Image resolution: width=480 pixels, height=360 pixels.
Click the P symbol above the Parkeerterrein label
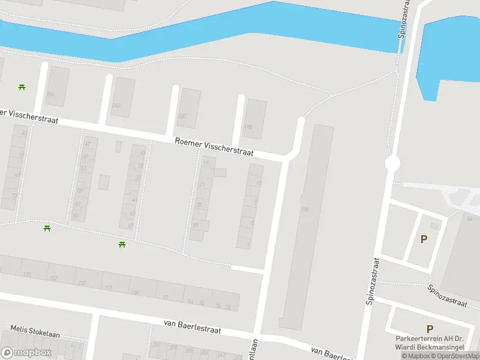(x=430, y=329)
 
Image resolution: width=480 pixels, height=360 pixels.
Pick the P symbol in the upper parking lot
(x=424, y=239)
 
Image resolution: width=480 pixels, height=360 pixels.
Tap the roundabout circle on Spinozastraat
(x=392, y=163)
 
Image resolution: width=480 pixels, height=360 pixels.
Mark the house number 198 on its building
(x=248, y=127)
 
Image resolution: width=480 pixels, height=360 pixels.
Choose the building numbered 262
(x=116, y=106)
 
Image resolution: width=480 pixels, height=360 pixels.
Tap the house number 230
(x=182, y=116)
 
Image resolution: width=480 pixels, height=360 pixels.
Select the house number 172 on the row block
(x=26, y=274)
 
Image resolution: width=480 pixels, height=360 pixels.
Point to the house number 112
(x=108, y=288)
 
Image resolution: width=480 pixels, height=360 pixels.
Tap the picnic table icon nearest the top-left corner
(x=22, y=88)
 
